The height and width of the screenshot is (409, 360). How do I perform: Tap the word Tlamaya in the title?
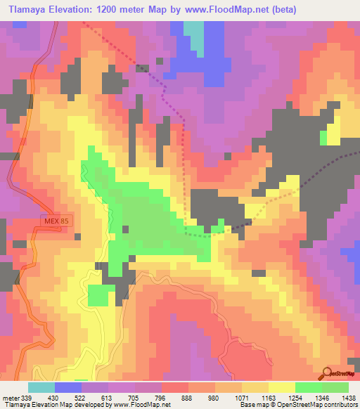pos(27,10)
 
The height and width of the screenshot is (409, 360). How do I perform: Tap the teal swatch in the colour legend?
pos(41,387)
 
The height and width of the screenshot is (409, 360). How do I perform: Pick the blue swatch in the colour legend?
pos(67,387)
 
